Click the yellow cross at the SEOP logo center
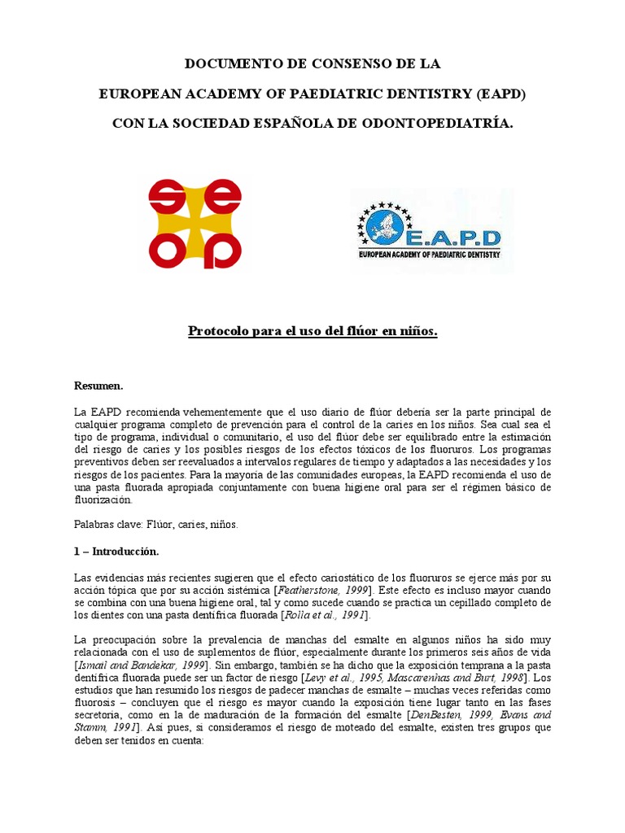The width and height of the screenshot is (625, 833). (x=195, y=224)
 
